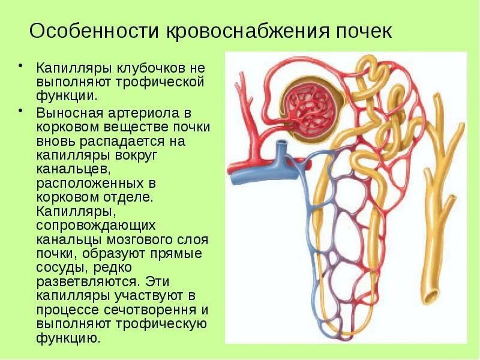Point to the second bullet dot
[x=21, y=111]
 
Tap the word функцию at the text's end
[x=67, y=338]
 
